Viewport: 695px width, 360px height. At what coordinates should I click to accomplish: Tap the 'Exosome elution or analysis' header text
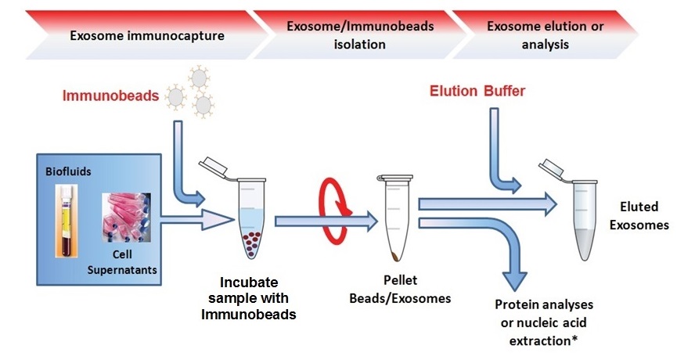click(x=545, y=35)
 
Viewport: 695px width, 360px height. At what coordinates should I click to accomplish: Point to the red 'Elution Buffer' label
click(x=477, y=92)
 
